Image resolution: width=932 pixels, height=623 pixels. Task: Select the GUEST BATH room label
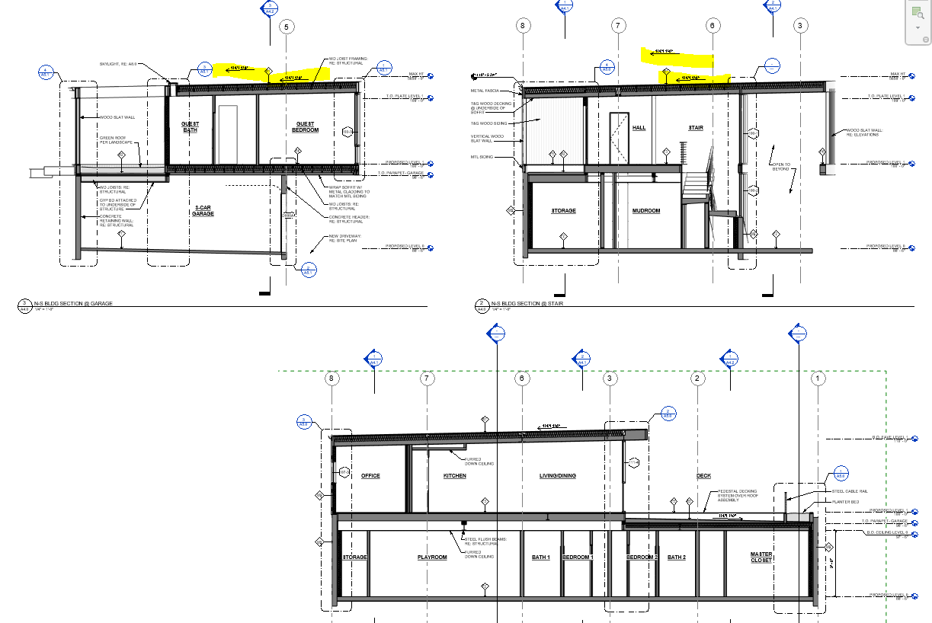pos(190,126)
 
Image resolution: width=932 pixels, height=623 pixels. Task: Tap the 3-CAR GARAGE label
pos(203,211)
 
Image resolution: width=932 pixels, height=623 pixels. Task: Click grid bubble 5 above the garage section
pos(287,27)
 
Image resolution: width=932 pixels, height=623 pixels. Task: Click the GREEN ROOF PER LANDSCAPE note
pos(117,141)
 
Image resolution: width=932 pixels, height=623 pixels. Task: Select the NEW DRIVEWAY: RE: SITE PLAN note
pos(345,238)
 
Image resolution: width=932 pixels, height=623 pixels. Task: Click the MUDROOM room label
pos(645,210)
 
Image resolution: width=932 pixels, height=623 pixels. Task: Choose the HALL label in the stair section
pos(639,128)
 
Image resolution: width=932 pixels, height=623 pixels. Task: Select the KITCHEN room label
pos(455,476)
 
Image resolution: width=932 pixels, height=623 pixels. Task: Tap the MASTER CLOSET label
pos(761,557)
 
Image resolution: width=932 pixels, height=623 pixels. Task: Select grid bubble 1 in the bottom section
pos(818,378)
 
